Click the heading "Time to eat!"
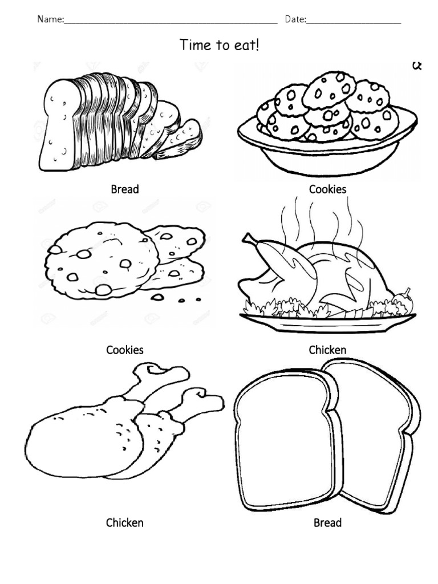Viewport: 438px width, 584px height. pos(219,44)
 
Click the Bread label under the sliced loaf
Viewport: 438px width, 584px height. pos(125,189)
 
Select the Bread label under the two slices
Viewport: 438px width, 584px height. pos(327,522)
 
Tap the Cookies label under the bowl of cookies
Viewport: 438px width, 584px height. pos(327,189)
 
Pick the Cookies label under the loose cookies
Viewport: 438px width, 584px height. pos(125,350)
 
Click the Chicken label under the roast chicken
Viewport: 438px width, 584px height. pos(327,350)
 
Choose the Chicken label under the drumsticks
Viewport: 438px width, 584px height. pos(125,522)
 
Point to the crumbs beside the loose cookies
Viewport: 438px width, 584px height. pos(177,299)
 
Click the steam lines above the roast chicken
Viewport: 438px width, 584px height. pos(319,222)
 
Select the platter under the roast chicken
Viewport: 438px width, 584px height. pos(327,322)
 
